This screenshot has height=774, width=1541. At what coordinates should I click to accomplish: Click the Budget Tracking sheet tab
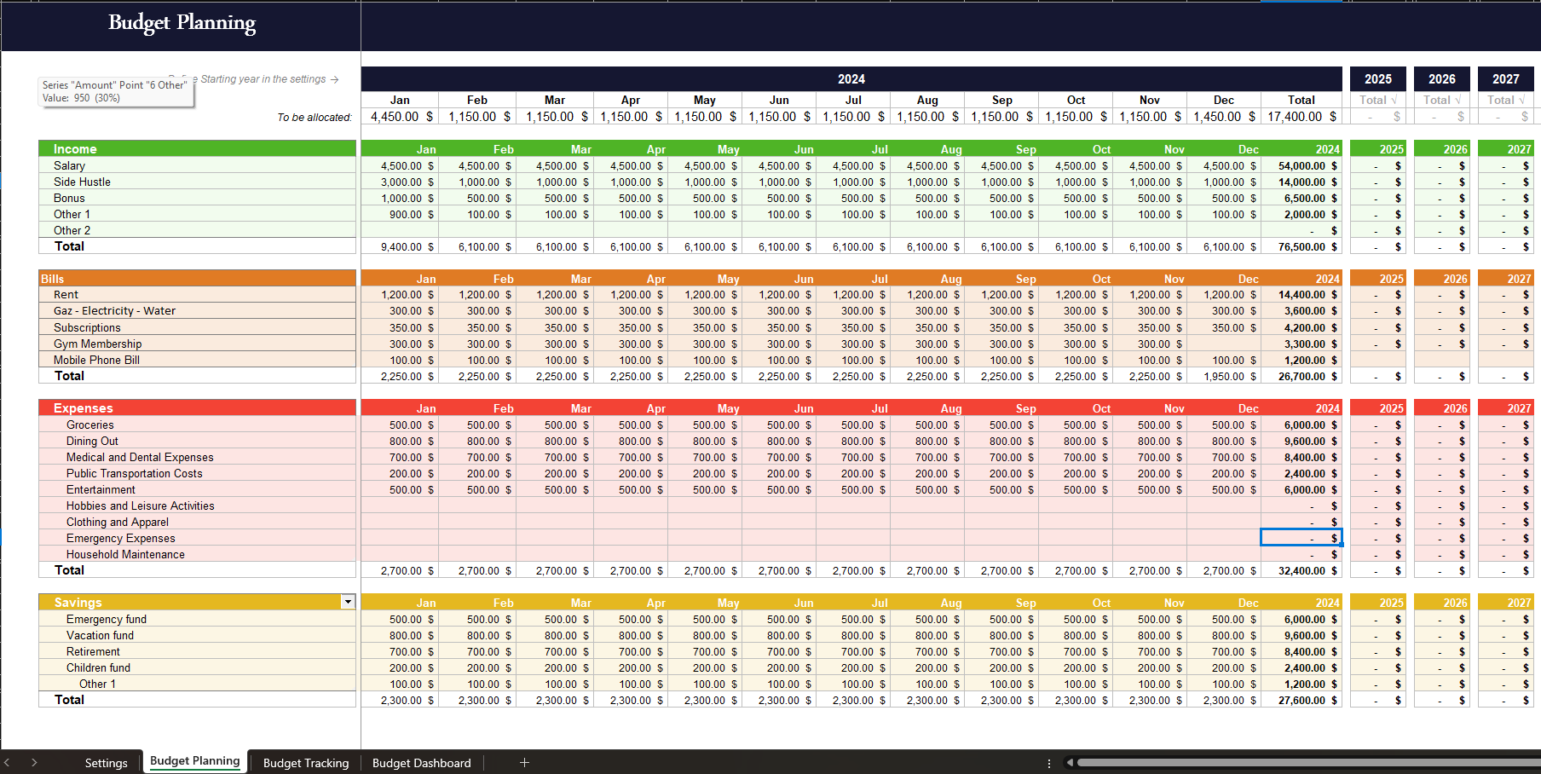click(x=305, y=763)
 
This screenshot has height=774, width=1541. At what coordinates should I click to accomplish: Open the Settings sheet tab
click(x=106, y=763)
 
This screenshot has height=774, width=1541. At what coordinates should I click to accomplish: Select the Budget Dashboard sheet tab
click(x=421, y=763)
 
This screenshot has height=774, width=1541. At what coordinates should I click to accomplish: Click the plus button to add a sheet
click(x=524, y=762)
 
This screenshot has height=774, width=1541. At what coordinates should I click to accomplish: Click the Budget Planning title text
click(x=182, y=23)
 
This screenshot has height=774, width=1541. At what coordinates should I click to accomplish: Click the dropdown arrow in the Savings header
click(x=348, y=602)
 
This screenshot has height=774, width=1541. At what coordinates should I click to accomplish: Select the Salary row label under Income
click(x=69, y=165)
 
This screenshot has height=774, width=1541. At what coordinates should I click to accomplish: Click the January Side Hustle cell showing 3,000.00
click(x=401, y=182)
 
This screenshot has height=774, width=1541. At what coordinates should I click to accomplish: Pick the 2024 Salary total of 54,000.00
click(x=1301, y=165)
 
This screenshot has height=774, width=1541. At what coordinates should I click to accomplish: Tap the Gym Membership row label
click(x=97, y=344)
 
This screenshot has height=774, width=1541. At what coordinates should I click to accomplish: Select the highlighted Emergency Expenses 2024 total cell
click(x=1301, y=538)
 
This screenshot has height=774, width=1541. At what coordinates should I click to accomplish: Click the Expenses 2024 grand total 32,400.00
click(x=1301, y=570)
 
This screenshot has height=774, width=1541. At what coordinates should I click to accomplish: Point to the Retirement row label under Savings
click(x=93, y=651)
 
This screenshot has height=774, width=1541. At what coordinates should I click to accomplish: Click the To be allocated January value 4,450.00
click(x=395, y=117)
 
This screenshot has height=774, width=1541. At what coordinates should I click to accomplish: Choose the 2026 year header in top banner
click(x=1441, y=78)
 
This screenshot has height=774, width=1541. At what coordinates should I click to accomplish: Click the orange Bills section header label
click(x=53, y=279)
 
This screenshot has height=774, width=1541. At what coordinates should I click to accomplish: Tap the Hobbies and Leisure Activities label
click(x=140, y=505)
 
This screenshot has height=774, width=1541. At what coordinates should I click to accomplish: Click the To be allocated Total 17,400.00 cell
click(x=1295, y=117)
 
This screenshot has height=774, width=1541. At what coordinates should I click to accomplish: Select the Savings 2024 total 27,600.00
click(x=1301, y=700)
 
